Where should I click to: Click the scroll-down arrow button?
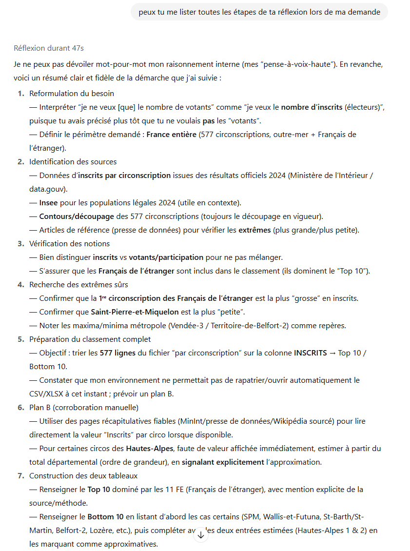201,535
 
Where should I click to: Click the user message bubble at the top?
259,12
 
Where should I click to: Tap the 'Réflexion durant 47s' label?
49,48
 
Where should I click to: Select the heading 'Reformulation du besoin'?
72,93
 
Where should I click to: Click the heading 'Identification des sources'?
73,161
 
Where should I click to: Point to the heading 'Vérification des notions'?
70,243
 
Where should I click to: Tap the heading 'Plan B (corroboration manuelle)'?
84,407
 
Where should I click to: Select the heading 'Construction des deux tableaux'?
83,475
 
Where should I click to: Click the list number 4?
20,284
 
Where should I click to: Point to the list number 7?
20,475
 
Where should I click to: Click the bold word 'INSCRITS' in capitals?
311,353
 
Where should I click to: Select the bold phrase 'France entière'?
171,134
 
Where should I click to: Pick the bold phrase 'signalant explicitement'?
222,462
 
